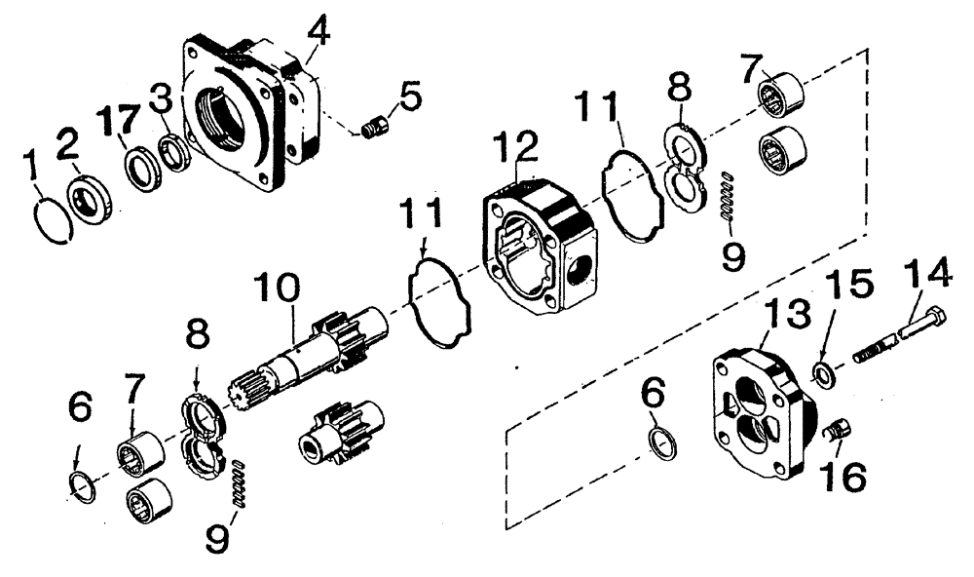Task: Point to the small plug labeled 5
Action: [x=376, y=127]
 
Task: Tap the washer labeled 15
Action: [x=824, y=371]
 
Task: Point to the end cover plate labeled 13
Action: [x=765, y=414]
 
